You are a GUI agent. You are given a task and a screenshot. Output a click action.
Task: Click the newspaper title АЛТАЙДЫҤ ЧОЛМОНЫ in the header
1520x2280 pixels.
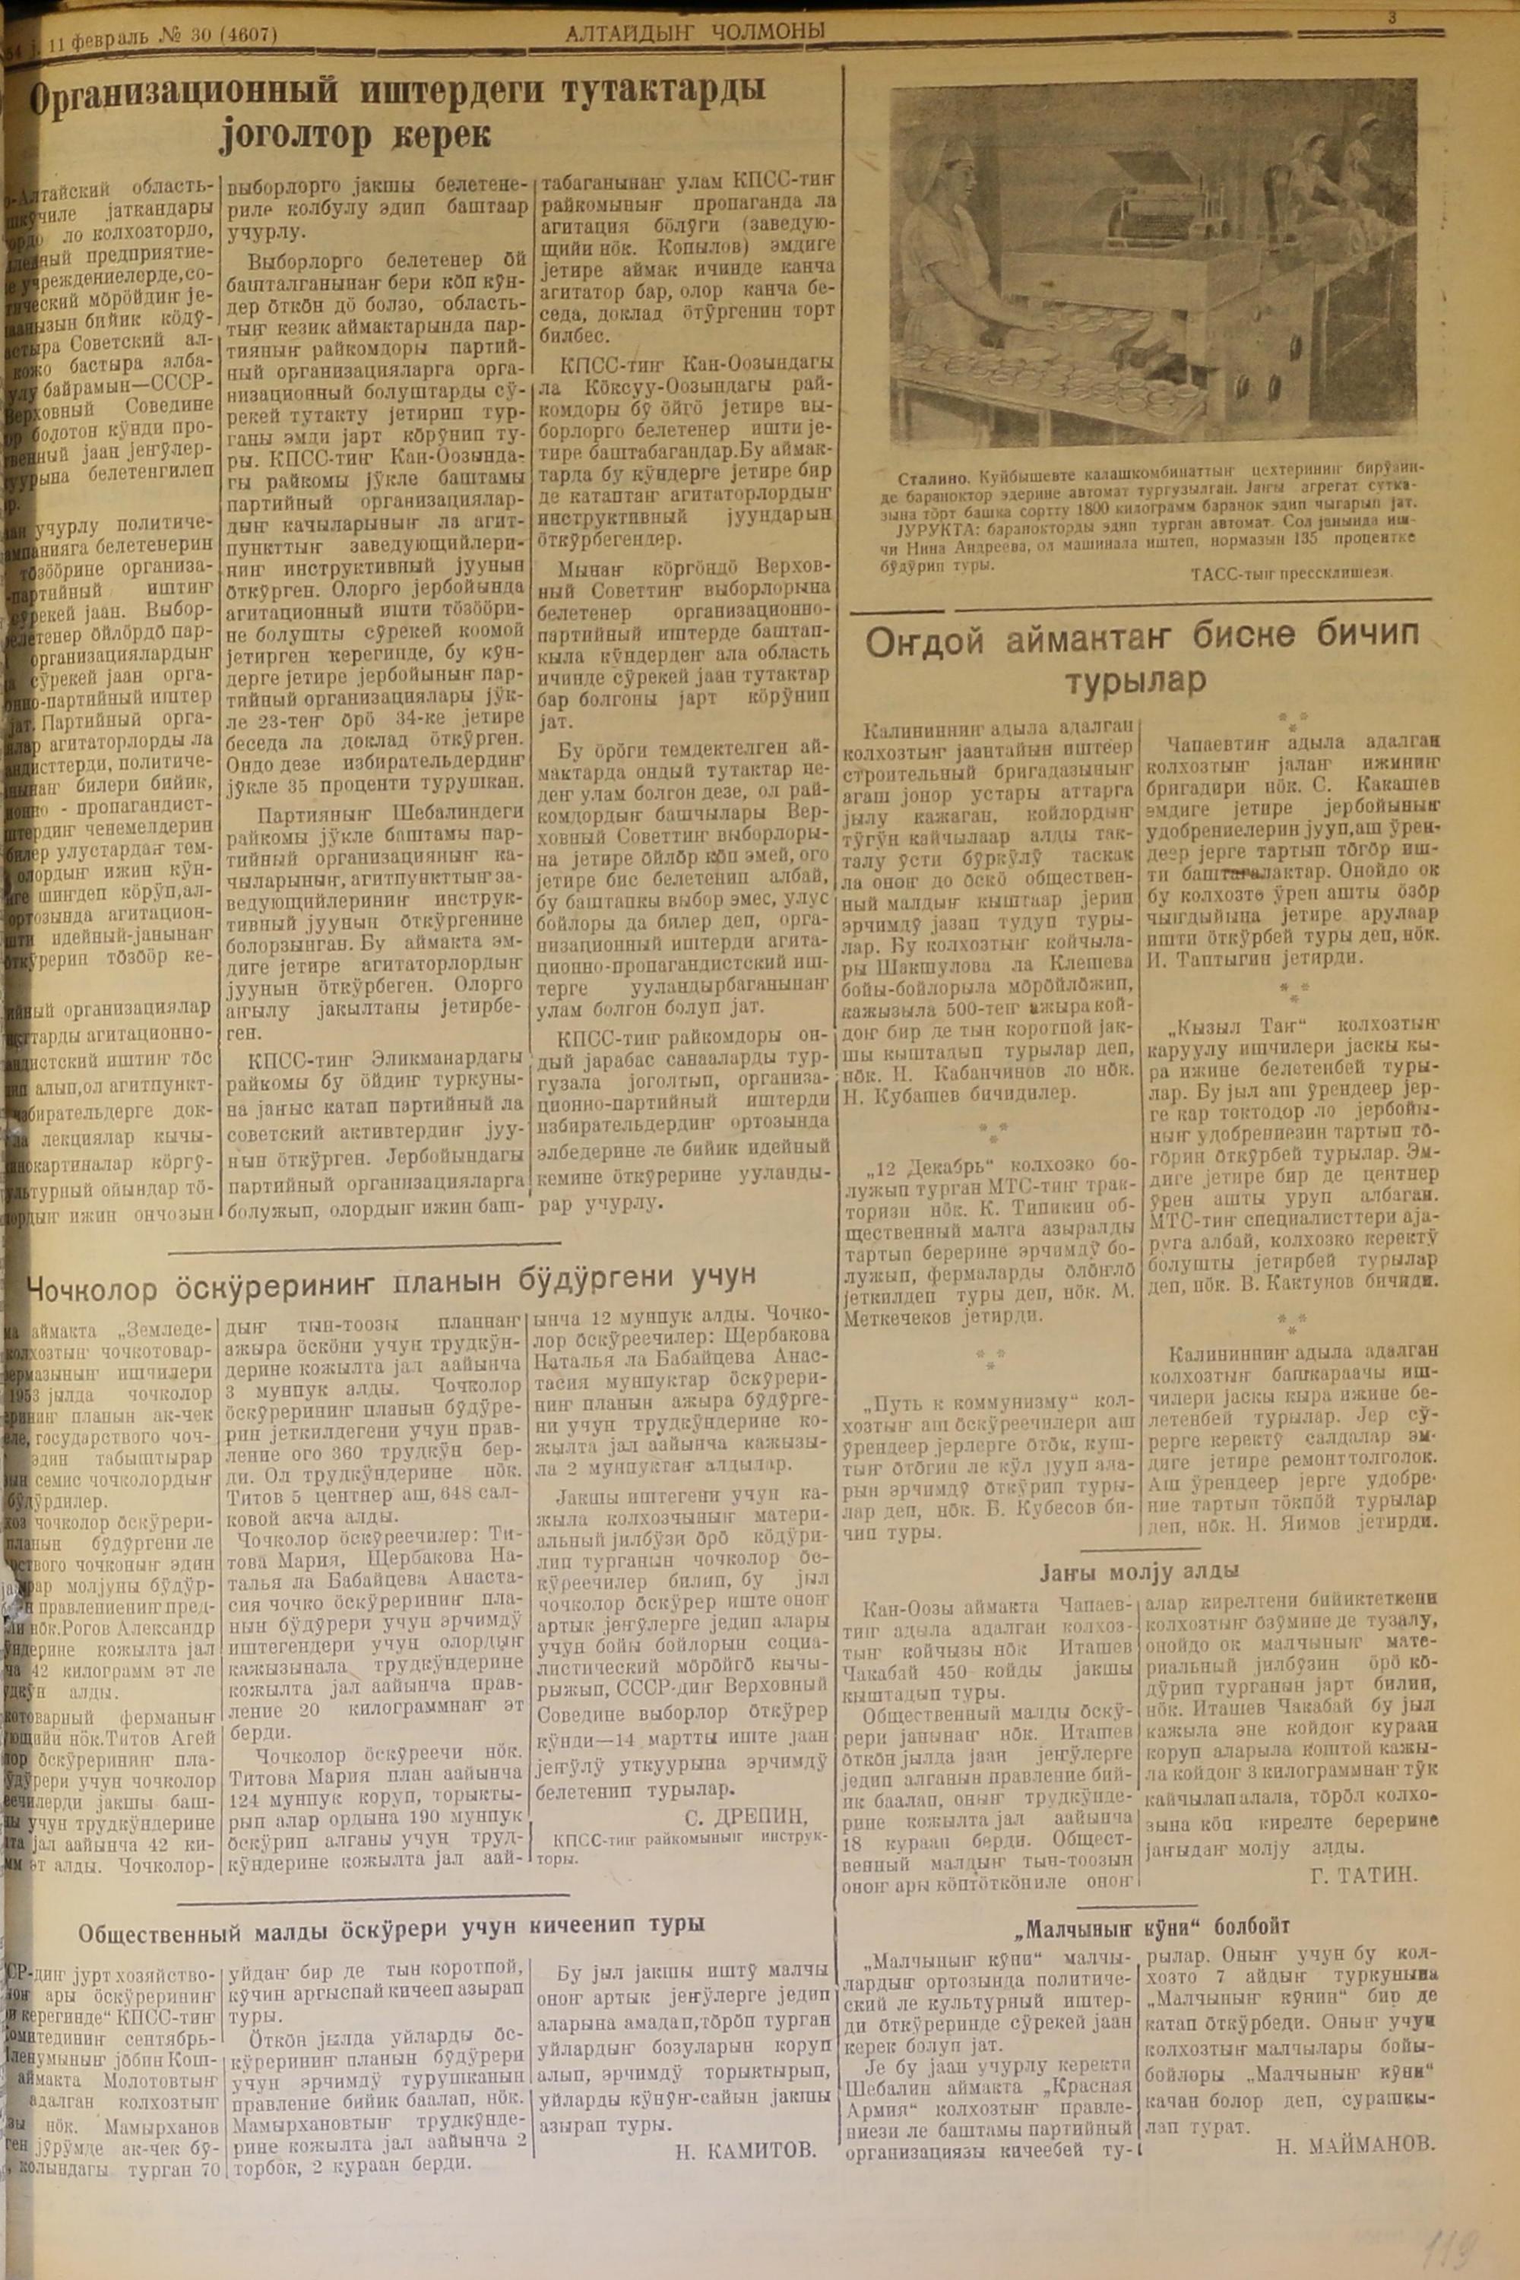coord(694,33)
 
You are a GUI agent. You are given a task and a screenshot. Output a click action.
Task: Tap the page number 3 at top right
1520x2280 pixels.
coord(1392,17)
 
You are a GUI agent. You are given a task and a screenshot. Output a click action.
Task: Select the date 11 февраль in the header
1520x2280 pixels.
coord(91,36)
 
